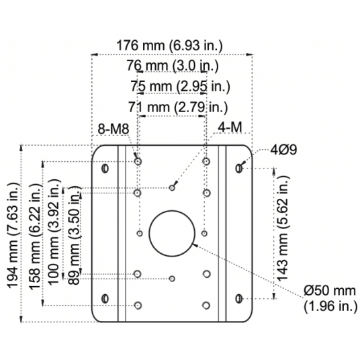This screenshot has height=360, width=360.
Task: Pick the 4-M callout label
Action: point(230,128)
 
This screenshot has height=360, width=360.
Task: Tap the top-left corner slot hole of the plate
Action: point(104,166)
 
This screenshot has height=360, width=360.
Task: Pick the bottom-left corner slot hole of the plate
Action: point(104,298)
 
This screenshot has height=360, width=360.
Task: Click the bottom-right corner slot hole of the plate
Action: point(240,298)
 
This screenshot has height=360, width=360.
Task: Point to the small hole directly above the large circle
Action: point(173,188)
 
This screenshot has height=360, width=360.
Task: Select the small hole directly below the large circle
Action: point(173,277)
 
